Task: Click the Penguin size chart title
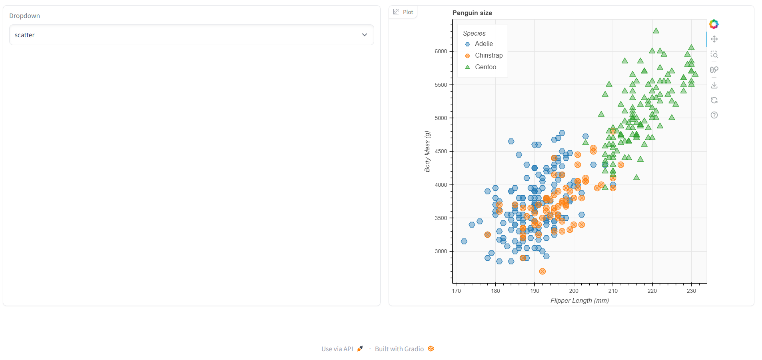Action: coord(472,13)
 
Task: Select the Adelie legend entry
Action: coord(483,44)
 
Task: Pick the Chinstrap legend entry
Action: coord(488,56)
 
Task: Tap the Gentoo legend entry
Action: coord(485,67)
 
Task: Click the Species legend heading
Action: coord(474,33)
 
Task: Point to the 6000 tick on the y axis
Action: coord(441,52)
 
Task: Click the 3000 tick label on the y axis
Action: coord(441,252)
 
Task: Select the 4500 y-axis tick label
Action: coord(441,152)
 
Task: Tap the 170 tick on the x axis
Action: coord(456,291)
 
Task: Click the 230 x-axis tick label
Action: coord(691,291)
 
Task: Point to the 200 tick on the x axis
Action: coord(574,291)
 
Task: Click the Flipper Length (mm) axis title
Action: coord(579,300)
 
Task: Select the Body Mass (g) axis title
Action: coord(427,152)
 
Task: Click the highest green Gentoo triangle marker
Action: coord(656,31)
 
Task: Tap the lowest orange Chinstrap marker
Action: coord(542,272)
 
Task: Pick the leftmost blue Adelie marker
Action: coord(464,242)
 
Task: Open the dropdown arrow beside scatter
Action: coord(364,35)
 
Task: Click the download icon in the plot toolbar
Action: coord(714,85)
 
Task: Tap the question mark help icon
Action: coord(714,115)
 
